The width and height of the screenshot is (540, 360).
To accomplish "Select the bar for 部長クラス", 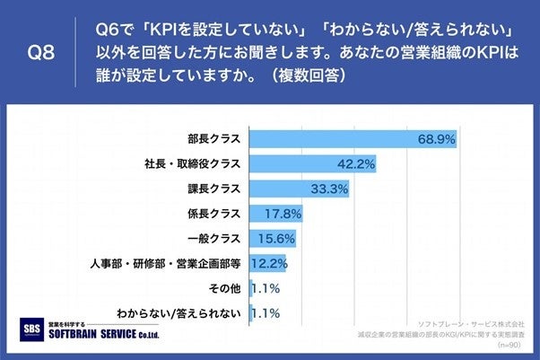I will coord(332,139).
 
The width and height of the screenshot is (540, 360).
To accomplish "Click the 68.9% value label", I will coord(437,139).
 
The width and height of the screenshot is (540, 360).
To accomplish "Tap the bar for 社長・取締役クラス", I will coord(312,164).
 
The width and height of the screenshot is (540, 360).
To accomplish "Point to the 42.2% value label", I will coord(356,164).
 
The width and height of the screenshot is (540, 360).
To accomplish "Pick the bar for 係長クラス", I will coord(275,214).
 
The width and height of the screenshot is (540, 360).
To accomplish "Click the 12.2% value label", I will coord(269,264).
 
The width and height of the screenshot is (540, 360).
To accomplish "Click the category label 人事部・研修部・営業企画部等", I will coord(165,264).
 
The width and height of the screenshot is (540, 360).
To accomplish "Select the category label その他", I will coord(224,288).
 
